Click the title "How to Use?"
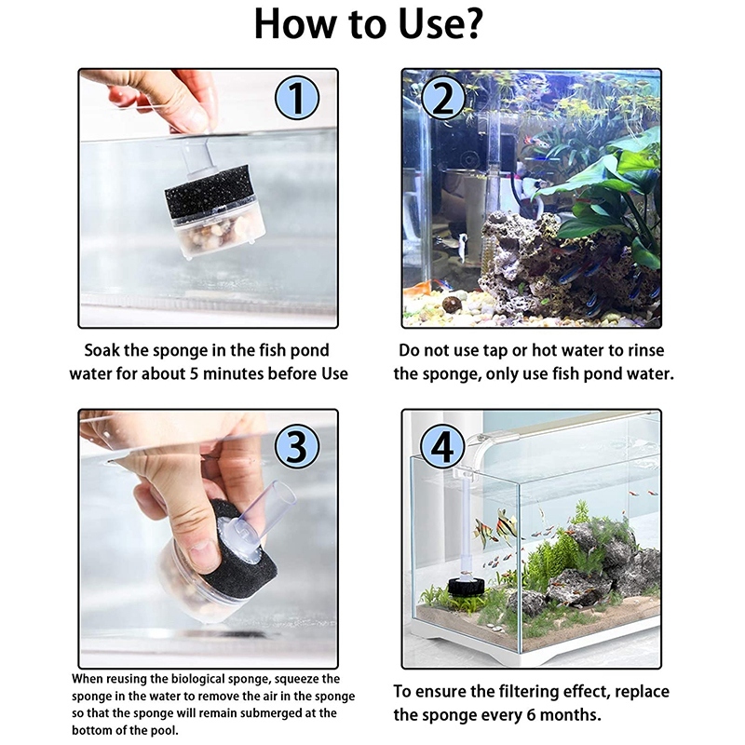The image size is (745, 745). point(369,24)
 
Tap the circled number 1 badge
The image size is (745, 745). point(297,98)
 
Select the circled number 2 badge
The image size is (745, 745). point(443,98)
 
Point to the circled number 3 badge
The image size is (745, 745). point(297,446)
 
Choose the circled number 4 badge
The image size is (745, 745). point(443,446)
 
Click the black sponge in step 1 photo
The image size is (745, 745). point(208,189)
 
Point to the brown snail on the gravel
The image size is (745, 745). point(452,304)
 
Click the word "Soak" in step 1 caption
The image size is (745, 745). point(102,351)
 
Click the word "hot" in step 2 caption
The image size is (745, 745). point(543,351)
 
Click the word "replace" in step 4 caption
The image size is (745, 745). point(642,692)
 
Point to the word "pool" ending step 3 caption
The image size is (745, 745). point(164,730)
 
